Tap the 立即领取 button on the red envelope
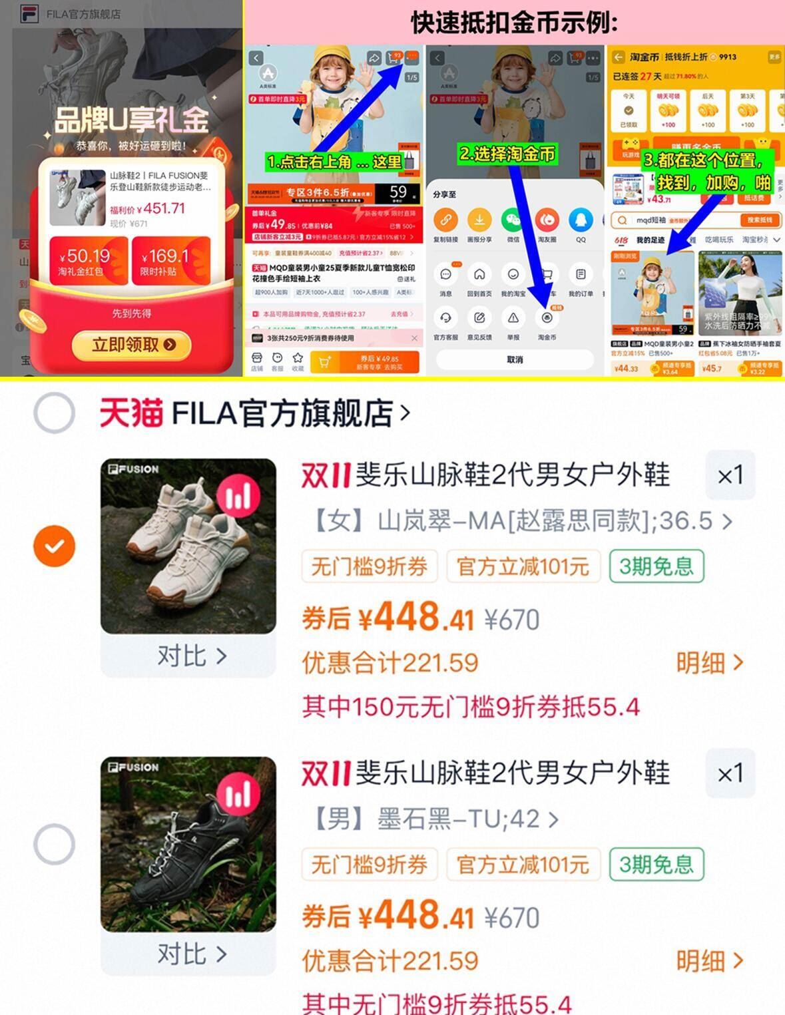[131, 345]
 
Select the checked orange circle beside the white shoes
[54, 546]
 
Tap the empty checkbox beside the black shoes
[54, 844]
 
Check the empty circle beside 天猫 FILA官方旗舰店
[54, 413]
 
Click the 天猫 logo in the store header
[131, 413]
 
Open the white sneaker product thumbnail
[188, 546]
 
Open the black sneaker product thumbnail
[188, 844]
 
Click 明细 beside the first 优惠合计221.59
[709, 663]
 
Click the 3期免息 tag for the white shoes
[656, 566]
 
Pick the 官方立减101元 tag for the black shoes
[523, 865]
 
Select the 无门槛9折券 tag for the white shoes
[370, 566]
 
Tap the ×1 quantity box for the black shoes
[730, 773]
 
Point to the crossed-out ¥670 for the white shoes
[511, 620]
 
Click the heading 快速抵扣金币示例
[514, 23]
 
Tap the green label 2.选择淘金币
[507, 154]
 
